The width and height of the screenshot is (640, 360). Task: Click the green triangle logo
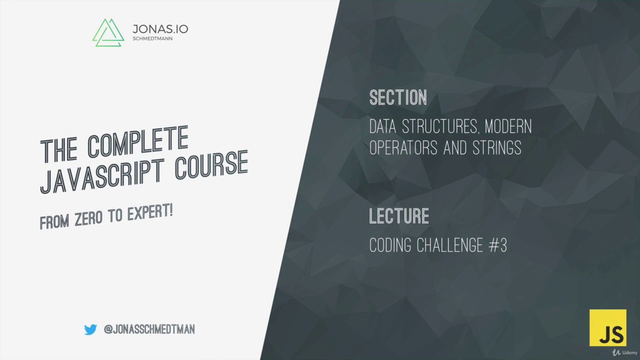pos(108,33)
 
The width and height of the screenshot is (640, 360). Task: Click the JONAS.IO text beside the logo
pos(160,29)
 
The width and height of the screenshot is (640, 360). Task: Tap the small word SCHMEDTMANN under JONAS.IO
pos(152,39)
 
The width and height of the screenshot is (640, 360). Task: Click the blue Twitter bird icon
pos(90,329)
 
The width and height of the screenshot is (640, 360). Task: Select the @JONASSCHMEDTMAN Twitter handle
pos(149,329)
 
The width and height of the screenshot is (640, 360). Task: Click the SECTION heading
pos(398,97)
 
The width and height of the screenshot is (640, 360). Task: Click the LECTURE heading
pos(399,216)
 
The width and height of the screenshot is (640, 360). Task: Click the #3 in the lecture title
pos(498,245)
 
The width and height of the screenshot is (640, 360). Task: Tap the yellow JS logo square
pos(607,327)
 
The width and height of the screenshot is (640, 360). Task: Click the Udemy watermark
pos(623,352)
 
